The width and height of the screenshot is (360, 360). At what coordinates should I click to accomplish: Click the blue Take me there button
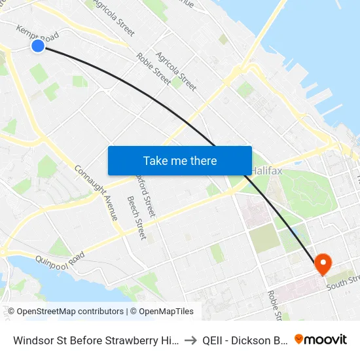[x=180, y=160]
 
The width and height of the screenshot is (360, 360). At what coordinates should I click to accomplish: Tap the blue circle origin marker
[x=38, y=45]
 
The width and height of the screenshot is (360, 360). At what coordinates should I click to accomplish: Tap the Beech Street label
[x=136, y=217]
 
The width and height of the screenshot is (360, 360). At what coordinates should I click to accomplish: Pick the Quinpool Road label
[x=61, y=259]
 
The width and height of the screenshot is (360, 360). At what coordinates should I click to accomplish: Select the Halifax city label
[x=266, y=171]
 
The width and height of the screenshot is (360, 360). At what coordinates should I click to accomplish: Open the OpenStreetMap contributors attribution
[x=67, y=312]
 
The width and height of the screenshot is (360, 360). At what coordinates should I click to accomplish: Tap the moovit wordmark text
[x=326, y=339]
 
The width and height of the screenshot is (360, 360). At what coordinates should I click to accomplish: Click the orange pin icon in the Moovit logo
[x=299, y=339]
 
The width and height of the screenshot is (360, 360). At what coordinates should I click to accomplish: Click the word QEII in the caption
[x=215, y=340]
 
